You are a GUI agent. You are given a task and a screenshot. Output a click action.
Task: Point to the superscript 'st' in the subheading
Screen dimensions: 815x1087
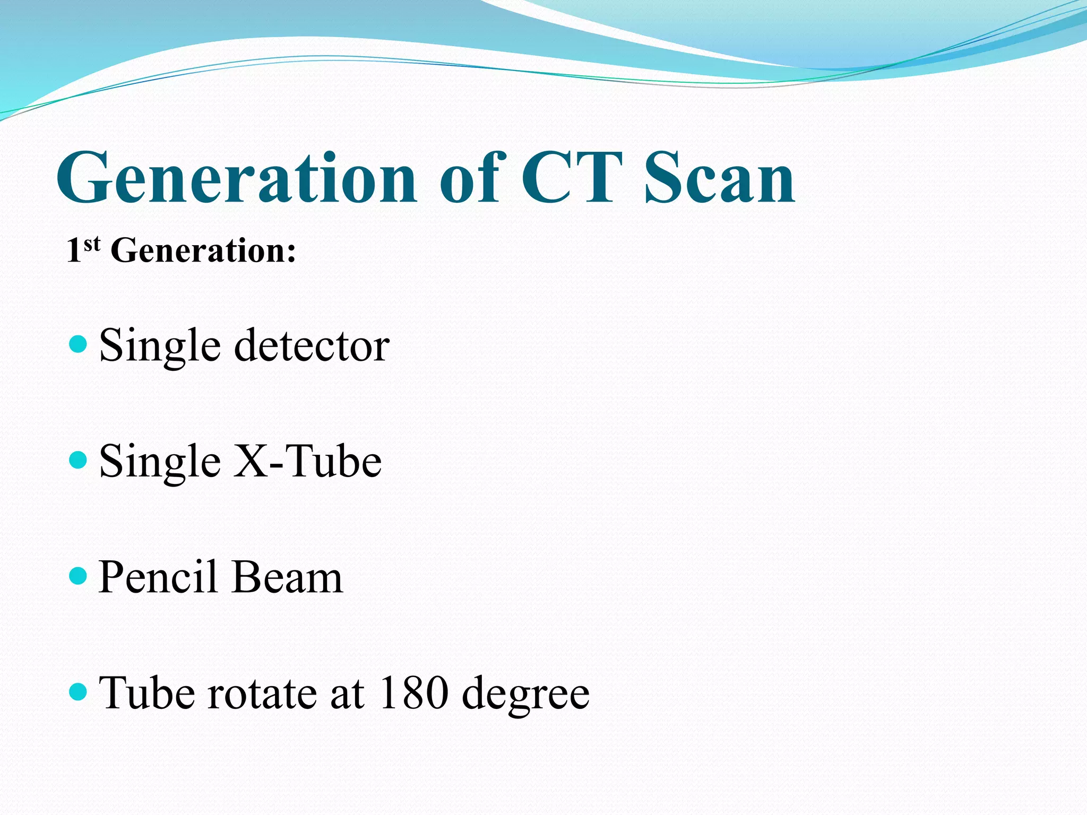(92, 244)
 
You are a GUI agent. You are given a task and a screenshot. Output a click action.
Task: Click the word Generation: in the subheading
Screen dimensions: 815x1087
(203, 250)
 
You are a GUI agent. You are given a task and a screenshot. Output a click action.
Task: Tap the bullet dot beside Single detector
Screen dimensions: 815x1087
(78, 344)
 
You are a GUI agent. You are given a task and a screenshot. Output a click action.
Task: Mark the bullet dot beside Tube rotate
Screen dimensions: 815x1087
(78, 691)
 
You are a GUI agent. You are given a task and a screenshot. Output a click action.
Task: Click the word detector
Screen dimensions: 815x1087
(312, 346)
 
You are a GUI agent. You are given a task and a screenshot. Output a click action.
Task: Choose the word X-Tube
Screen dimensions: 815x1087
(308, 461)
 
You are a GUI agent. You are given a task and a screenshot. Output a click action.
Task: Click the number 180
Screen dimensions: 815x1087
(413, 693)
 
